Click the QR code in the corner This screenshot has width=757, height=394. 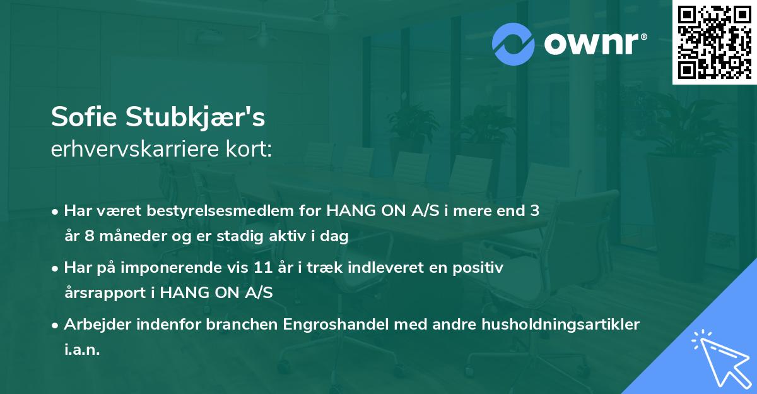(714, 42)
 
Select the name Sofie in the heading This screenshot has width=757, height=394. (86, 117)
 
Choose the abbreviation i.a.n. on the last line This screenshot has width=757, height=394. (82, 349)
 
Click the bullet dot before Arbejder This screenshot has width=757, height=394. (56, 325)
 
